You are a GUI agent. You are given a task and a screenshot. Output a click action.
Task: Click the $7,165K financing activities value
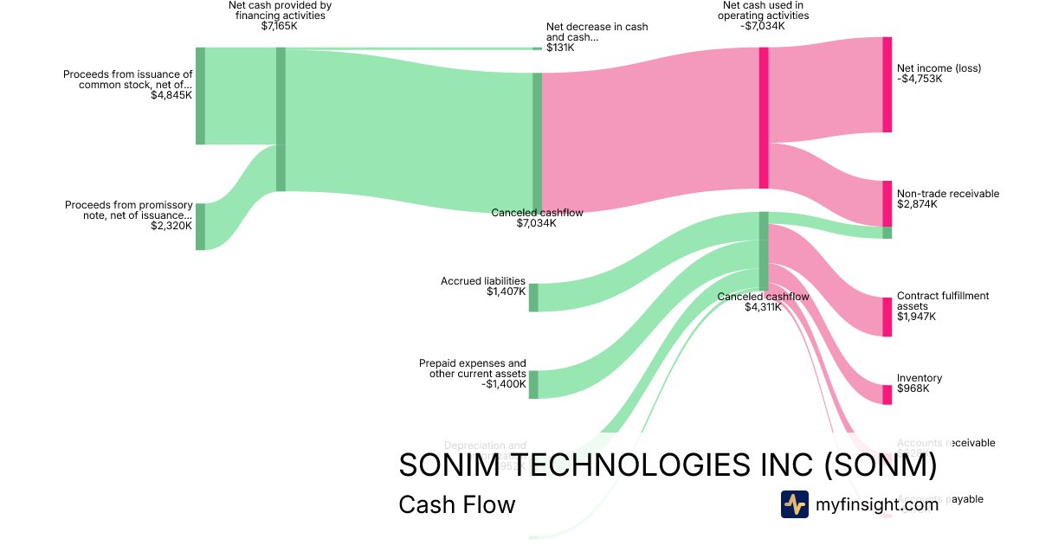[x=280, y=26]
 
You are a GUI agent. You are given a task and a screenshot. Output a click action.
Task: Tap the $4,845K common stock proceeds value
[x=171, y=95]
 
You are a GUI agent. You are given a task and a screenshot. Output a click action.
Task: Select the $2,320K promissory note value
[x=171, y=226]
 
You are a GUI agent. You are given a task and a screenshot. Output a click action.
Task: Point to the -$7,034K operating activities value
[x=765, y=26]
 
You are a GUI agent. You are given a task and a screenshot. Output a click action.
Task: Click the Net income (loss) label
[x=939, y=68]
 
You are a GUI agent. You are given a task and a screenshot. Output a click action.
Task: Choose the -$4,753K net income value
[x=920, y=79]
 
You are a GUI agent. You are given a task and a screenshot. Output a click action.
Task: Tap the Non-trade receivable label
[x=948, y=194]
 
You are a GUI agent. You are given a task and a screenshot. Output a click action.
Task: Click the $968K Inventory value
[x=913, y=388]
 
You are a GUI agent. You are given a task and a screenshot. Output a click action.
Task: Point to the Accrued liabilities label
[x=483, y=281]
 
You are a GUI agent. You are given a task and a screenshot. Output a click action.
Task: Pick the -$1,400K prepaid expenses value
[x=504, y=383]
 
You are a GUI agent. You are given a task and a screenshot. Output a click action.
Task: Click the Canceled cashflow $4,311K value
[x=763, y=306]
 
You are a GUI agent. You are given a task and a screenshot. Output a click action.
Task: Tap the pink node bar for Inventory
[x=887, y=394]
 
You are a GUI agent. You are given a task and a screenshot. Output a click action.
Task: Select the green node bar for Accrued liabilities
[x=533, y=297]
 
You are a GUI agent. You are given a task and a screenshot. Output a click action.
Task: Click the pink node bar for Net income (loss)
[x=887, y=85]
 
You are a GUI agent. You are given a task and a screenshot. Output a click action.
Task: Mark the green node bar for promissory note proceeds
[x=200, y=227]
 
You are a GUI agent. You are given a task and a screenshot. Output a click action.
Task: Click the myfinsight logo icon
[x=794, y=503]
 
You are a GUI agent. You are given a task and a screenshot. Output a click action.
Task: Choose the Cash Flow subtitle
[x=456, y=504]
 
